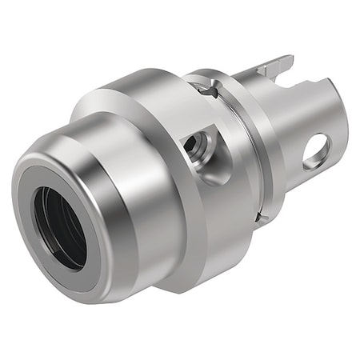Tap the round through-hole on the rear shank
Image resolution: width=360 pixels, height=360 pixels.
(x=316, y=150)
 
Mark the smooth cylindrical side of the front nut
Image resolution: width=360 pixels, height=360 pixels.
(x=132, y=240)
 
